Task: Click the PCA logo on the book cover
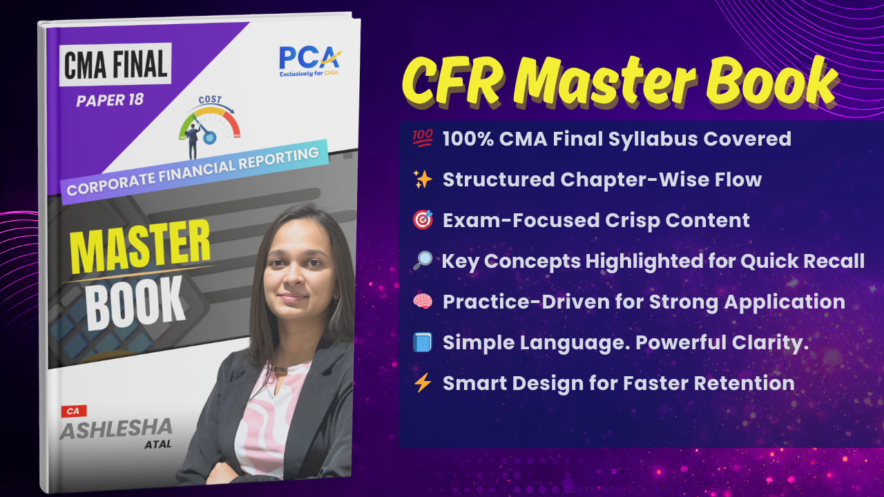pyautogui.click(x=308, y=60)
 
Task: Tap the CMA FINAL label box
pyautogui.click(x=116, y=66)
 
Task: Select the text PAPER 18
pyautogui.click(x=110, y=99)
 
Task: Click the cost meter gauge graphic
pyautogui.click(x=209, y=123)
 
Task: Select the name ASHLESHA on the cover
pyautogui.click(x=115, y=429)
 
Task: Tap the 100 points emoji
pyautogui.click(x=422, y=139)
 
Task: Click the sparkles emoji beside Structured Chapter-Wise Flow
pyautogui.click(x=422, y=180)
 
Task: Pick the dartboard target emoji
pyautogui.click(x=422, y=221)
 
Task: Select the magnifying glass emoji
pyautogui.click(x=422, y=262)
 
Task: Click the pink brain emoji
pyautogui.click(x=422, y=302)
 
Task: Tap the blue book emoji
pyautogui.click(x=422, y=343)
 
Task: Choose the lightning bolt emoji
pyautogui.click(x=422, y=383)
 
